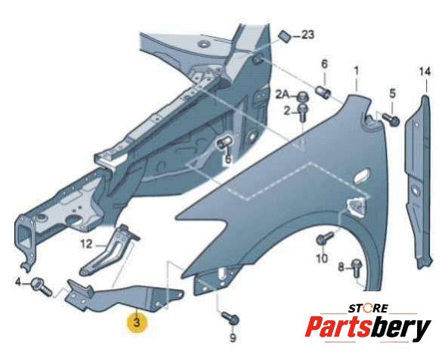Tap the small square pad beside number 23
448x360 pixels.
(x=285, y=36)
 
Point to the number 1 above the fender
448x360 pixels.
(x=357, y=71)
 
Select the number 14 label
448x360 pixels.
(x=425, y=72)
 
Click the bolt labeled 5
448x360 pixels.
(x=391, y=120)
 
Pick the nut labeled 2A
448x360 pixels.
(x=301, y=97)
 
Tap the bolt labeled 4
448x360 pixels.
(x=42, y=286)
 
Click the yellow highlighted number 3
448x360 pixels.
(x=137, y=323)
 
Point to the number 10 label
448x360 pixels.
(x=322, y=259)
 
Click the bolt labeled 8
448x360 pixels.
(x=357, y=268)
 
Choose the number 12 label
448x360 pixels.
(x=87, y=245)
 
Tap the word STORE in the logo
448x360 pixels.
(x=368, y=309)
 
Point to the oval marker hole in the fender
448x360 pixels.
(x=362, y=175)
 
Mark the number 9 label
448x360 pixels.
(x=233, y=337)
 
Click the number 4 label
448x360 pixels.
(x=18, y=283)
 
